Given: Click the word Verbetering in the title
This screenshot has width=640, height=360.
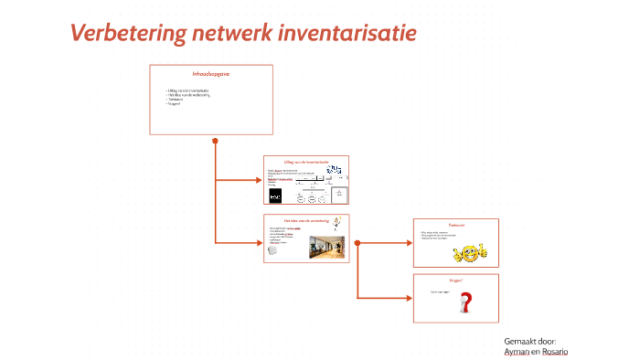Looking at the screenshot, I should coord(128,34).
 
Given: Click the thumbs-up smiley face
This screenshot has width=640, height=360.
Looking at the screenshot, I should coord(469,251).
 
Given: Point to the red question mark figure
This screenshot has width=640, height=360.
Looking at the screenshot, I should coord(465,302).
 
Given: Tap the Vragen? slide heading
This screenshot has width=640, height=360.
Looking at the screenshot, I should coord(455,281).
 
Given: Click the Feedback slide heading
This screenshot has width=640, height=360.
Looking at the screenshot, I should coord(455,225).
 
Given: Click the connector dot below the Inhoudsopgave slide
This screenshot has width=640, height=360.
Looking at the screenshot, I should coord(215,141).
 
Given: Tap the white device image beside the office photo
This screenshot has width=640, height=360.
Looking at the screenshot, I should coord(275,255).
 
